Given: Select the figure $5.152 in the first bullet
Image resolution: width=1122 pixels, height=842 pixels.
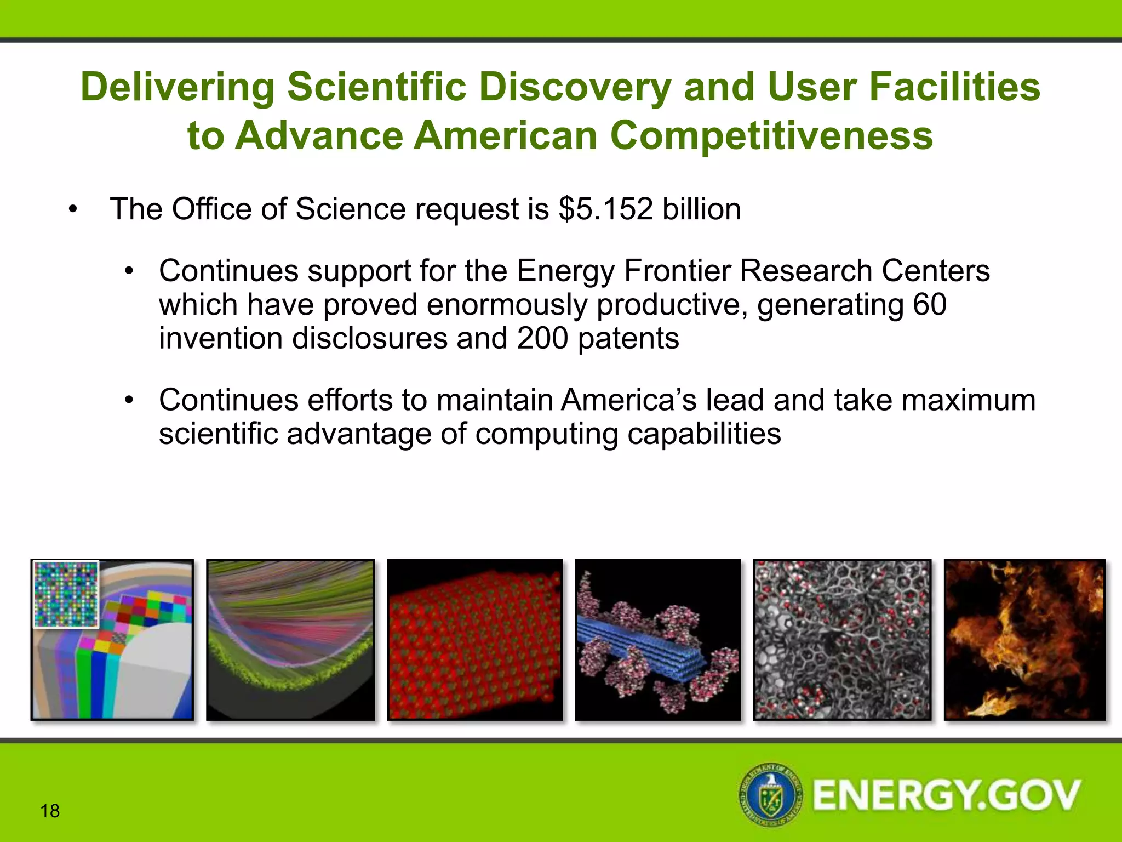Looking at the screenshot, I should (x=605, y=209).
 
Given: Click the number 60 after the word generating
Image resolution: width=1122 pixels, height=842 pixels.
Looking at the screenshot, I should (x=929, y=305).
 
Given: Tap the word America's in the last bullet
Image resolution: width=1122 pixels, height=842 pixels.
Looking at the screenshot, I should (x=628, y=400).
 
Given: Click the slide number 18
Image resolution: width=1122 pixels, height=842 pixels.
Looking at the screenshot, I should (x=50, y=811).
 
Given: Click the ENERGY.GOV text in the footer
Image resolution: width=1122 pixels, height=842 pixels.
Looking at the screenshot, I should (x=946, y=795).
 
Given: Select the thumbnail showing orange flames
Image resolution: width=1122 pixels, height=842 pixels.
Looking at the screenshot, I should (x=1024, y=640).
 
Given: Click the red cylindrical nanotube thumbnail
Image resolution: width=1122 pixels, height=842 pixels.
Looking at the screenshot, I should (x=474, y=640).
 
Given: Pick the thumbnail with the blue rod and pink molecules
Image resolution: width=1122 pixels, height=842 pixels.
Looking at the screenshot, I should (x=657, y=640).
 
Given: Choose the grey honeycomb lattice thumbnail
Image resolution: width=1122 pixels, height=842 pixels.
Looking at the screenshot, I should (x=841, y=640).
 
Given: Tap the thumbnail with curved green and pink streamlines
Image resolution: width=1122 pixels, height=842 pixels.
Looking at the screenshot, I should (x=290, y=640).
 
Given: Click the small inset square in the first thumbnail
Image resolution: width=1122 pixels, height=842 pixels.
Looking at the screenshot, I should (x=66, y=594).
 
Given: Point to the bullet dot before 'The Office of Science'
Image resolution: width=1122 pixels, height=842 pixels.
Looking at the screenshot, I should (x=73, y=210).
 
